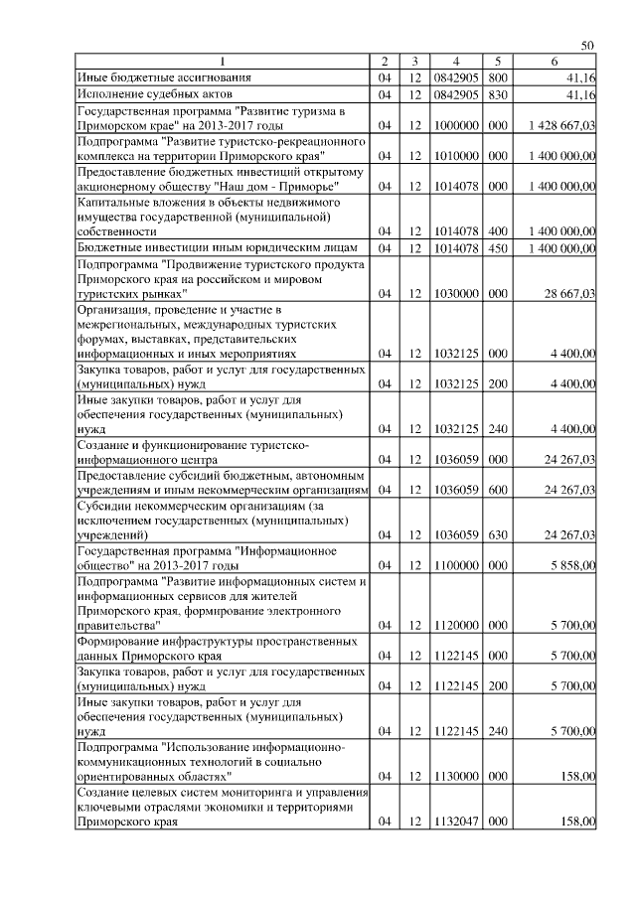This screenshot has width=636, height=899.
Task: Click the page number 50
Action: pos(587,47)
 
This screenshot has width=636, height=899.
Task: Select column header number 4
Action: pos(454,62)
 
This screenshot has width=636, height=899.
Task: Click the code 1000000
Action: pos(454,127)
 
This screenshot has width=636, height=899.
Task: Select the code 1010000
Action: pos(454,157)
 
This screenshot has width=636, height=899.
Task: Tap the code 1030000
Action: pos(454,295)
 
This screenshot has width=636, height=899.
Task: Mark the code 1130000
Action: pos(454,774)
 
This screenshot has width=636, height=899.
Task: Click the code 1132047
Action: pos(454,821)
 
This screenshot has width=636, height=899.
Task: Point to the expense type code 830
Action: pos(499,94)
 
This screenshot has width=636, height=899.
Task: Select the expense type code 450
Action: pos(499,247)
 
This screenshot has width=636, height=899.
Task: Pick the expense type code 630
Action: pos(499,535)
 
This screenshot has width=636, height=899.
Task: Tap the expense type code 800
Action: pos(499,76)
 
